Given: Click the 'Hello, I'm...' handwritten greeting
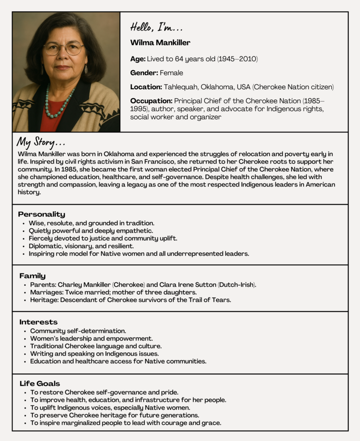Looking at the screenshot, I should [x=157, y=28].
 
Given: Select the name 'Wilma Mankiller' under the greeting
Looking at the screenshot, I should [x=160, y=43].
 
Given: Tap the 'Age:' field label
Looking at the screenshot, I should [x=138, y=59].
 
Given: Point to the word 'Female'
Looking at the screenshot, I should [x=171, y=73].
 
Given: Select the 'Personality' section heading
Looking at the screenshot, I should [x=41, y=214].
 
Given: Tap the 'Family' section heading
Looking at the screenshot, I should [x=32, y=276].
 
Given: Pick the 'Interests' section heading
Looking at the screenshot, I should [x=38, y=322].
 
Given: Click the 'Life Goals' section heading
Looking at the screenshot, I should [x=40, y=383].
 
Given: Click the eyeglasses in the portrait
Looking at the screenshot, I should [x=64, y=48].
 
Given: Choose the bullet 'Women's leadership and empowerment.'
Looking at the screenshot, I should [x=91, y=339].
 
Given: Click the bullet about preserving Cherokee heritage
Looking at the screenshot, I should [x=115, y=415].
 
